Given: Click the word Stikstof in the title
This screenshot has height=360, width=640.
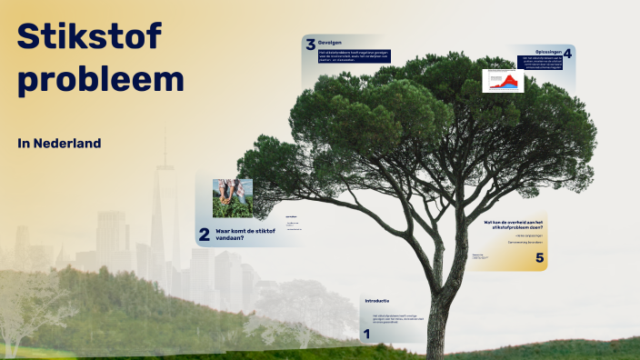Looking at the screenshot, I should (x=89, y=36).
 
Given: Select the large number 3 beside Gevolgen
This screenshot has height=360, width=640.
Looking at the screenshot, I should (x=310, y=45).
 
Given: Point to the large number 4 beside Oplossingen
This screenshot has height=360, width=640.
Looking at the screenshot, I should (x=567, y=54).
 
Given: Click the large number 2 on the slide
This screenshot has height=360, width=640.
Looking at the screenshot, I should (x=204, y=235).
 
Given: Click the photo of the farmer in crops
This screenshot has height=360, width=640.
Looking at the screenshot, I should (x=233, y=197).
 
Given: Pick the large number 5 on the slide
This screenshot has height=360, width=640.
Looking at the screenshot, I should (x=539, y=259).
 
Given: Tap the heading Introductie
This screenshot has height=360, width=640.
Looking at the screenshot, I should (x=376, y=300).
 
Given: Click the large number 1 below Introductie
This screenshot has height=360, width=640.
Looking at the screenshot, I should (x=366, y=335).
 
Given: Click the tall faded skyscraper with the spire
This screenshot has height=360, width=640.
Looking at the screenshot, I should (x=165, y=209).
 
